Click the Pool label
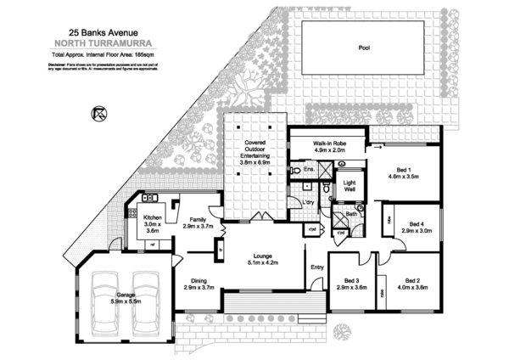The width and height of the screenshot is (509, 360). tap(365, 48)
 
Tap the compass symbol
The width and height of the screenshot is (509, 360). tap(98, 113)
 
